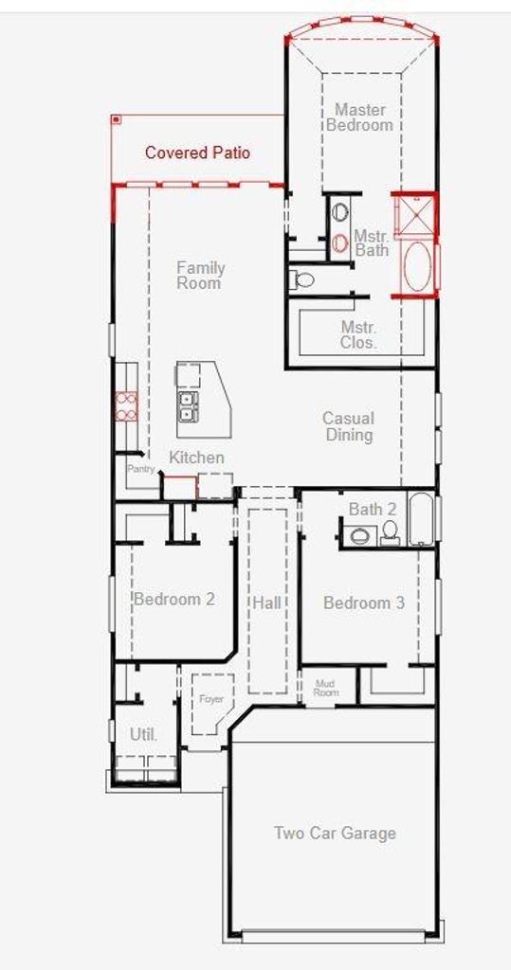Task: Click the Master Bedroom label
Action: click(360, 117)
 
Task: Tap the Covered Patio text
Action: click(197, 153)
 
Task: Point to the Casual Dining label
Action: click(349, 426)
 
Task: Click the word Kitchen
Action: click(196, 458)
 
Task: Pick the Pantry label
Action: click(140, 469)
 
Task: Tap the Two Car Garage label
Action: click(335, 833)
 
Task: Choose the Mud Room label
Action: click(326, 688)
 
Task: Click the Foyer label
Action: click(210, 699)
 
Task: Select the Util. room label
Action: click(144, 735)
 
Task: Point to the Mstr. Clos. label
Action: click(358, 334)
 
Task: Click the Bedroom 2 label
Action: click(174, 599)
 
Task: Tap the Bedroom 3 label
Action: click(364, 602)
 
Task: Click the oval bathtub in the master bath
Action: click(417, 266)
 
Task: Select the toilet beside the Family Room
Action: click(301, 279)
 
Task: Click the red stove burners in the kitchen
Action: click(126, 407)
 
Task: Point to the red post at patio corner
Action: click(116, 118)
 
